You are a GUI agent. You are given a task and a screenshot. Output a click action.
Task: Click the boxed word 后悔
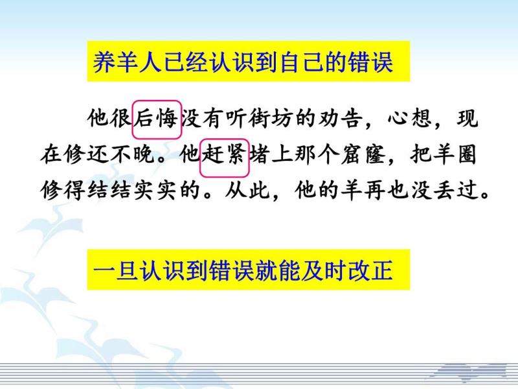[x=157, y=119]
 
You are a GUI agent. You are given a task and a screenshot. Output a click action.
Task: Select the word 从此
[x=248, y=191]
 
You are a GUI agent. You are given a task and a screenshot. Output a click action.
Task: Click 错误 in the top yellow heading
[x=371, y=62]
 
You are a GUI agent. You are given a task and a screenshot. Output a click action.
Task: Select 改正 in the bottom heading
[x=370, y=270]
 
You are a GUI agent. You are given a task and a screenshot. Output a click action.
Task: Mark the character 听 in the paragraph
[x=237, y=119]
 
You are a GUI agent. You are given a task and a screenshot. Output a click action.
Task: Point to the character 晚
[x=144, y=155]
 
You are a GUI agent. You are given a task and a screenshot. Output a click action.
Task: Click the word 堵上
[x=271, y=155]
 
